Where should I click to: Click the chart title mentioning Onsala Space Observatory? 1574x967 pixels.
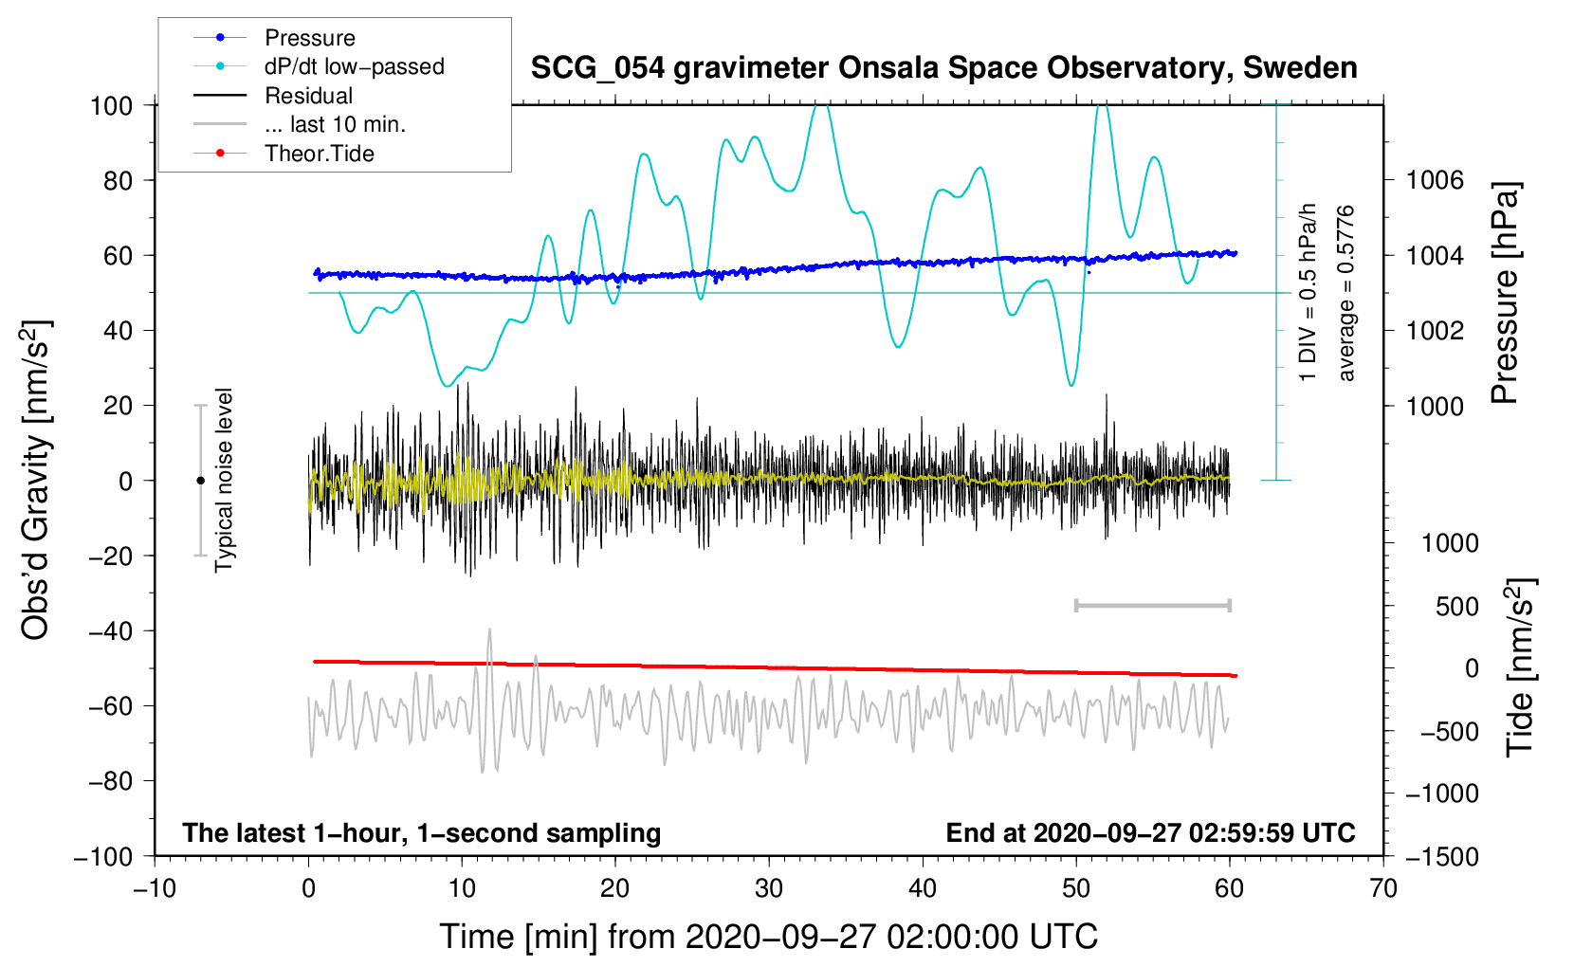[x=943, y=68]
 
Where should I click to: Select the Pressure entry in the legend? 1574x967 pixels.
[x=309, y=38]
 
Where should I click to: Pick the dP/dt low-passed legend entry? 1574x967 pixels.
[x=354, y=66]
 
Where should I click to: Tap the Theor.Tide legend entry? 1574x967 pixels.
[x=319, y=154]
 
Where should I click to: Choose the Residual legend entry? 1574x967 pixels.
[x=308, y=96]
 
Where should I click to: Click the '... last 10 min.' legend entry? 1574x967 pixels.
[x=335, y=124]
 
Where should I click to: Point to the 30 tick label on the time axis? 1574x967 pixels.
[x=769, y=888]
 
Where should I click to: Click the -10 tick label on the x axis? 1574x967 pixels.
[x=155, y=888]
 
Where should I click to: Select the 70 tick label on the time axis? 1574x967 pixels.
[x=1383, y=888]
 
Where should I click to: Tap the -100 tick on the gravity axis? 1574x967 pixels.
[x=105, y=856]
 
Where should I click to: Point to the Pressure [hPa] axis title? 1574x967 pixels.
[x=1505, y=294]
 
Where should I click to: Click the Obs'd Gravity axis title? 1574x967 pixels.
[x=36, y=480]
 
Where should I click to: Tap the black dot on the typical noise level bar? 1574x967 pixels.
[x=200, y=481]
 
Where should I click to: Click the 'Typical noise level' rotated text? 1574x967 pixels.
[x=224, y=480]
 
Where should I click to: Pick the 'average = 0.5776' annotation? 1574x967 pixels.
[x=1346, y=294]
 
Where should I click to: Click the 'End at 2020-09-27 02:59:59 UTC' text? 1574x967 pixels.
[x=1150, y=832]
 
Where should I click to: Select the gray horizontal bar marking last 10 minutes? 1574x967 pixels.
[x=1152, y=605]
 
